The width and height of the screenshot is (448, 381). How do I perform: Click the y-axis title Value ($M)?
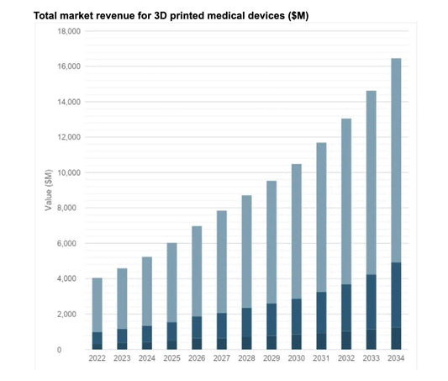click(49, 189)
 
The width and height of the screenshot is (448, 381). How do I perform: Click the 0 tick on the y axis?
click(76, 349)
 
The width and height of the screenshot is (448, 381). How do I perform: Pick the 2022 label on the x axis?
click(98, 359)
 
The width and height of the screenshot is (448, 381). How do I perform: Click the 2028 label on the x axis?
click(247, 359)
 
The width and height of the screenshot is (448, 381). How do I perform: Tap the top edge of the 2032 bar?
click(346, 119)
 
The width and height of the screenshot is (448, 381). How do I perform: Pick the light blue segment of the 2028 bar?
click(247, 251)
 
